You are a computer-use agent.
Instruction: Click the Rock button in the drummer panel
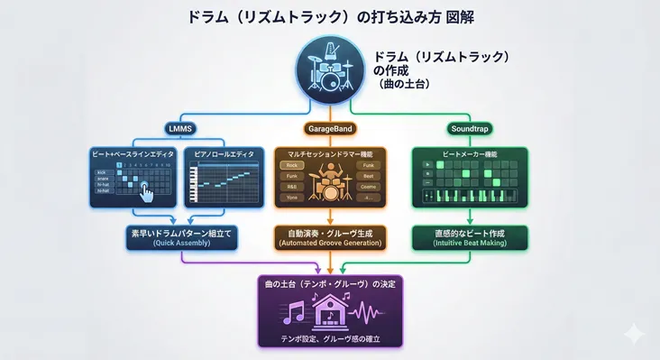292,166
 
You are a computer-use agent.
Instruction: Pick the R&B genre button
292,187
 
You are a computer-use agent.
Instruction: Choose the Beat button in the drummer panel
368,176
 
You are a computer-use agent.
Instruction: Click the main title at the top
329,15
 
